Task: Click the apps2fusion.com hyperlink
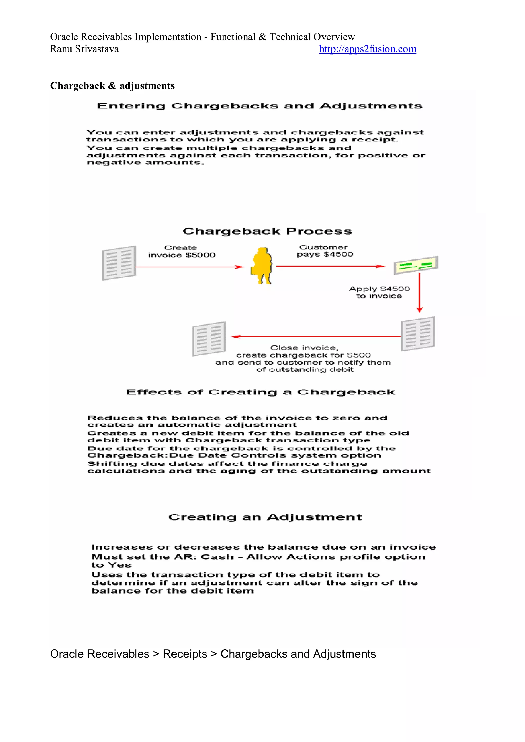pos(367,49)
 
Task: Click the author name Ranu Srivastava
pos(84,49)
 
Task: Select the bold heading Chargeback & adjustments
pos(112,86)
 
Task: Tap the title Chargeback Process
pos(267,231)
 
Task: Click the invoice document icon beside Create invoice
pos(119,263)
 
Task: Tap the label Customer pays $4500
pos(325,251)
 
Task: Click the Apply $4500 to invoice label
pos(379,292)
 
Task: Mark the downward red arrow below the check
pos(419,293)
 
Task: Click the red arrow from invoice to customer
pos(189,267)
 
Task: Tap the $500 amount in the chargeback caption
pos(359,355)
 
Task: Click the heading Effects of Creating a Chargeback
pos(260,392)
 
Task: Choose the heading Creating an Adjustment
pos(265,517)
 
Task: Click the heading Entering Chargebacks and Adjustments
pos(260,106)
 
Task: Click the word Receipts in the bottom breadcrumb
pos(185,654)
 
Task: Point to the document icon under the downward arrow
pos(418,334)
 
